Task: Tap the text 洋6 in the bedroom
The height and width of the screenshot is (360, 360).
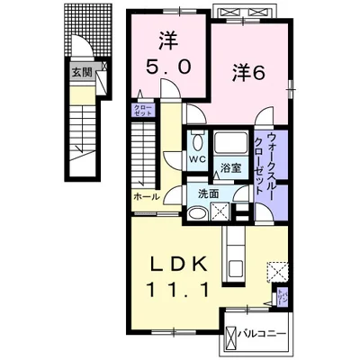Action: [x=251, y=75]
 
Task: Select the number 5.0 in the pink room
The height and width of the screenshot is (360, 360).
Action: [x=167, y=66]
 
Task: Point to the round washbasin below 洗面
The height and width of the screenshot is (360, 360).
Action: [x=195, y=211]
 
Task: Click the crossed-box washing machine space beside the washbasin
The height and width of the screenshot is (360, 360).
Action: [x=219, y=211]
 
